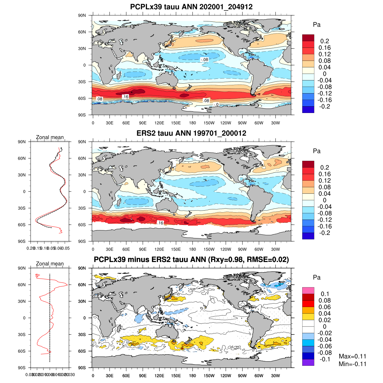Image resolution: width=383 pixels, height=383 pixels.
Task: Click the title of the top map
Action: [191, 7]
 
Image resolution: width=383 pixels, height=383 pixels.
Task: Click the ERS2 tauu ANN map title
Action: [191, 133]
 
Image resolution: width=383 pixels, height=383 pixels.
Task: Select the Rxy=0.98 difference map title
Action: [191, 259]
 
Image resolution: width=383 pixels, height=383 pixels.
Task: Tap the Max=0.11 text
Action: [352, 357]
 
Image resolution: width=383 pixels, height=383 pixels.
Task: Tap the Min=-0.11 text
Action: [352, 364]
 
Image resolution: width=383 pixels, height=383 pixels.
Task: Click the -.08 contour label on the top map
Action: [204, 60]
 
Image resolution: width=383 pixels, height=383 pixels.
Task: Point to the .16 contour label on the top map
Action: [125, 97]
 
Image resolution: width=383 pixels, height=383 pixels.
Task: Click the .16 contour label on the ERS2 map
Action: [160, 223]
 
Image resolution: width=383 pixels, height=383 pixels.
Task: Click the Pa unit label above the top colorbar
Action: [317, 25]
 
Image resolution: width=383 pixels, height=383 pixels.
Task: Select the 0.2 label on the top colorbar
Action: [325, 41]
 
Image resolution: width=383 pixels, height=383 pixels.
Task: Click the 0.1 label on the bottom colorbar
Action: [325, 294]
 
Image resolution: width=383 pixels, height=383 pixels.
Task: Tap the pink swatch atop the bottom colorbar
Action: [308, 290]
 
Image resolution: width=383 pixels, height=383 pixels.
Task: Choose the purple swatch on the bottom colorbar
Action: [308, 362]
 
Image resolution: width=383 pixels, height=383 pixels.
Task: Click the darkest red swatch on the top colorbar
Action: [308, 38]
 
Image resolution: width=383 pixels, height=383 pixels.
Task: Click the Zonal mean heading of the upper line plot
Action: [50, 138]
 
